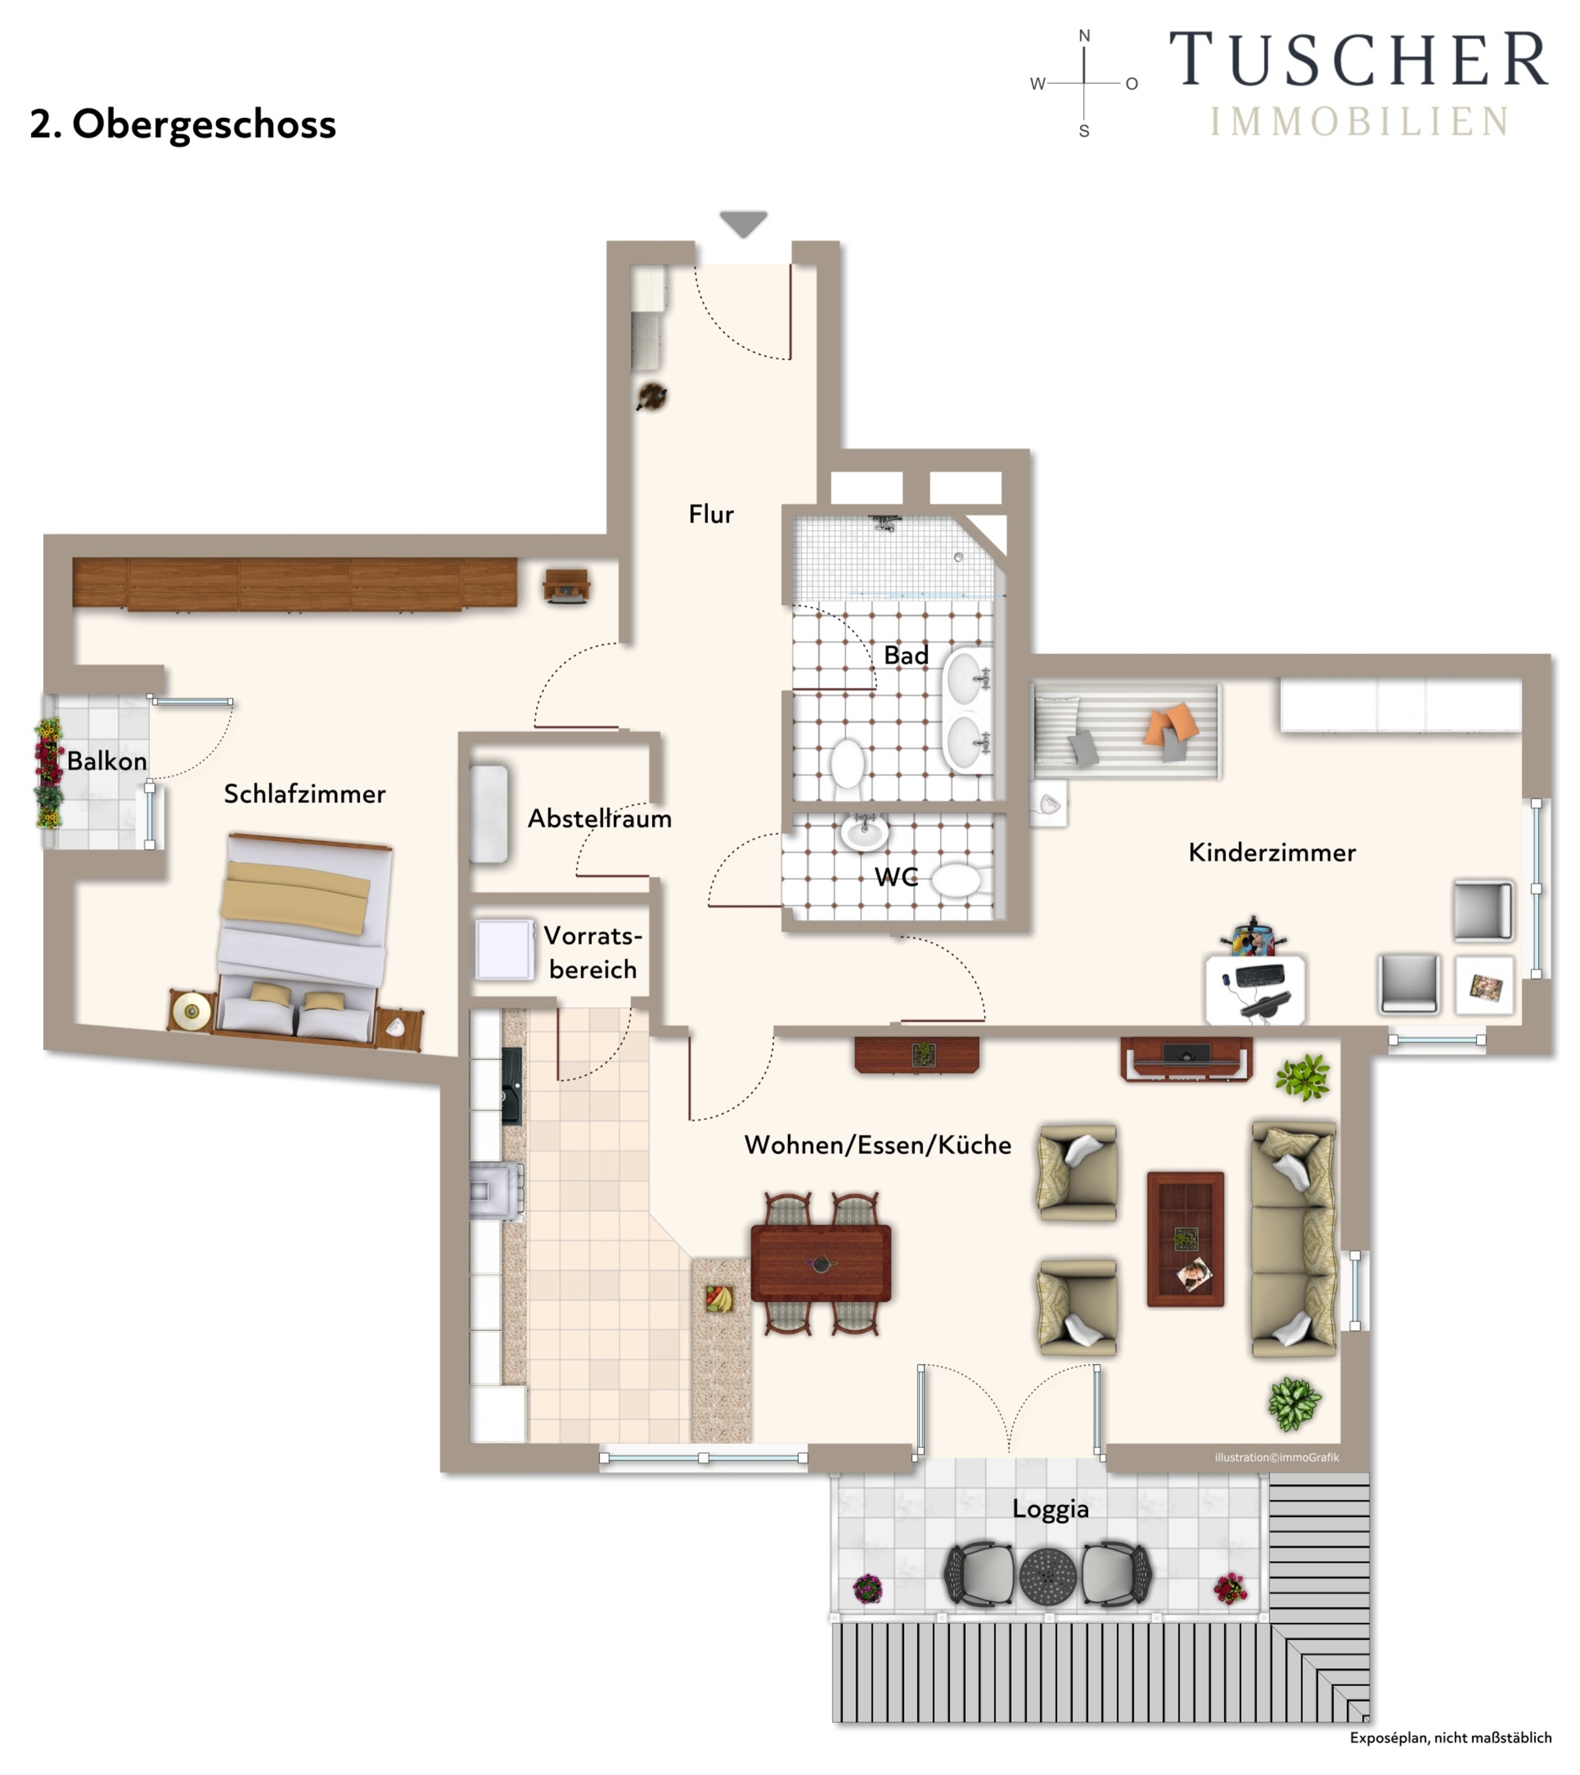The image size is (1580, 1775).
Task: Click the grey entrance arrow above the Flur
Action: tap(743, 223)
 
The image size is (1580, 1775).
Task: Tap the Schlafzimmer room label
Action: tap(305, 794)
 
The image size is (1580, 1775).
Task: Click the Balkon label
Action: tap(107, 761)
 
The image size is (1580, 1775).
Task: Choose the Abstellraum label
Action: tap(600, 818)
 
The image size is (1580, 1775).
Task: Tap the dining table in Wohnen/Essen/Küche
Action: tap(821, 1263)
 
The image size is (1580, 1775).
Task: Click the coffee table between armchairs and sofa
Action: tap(1186, 1239)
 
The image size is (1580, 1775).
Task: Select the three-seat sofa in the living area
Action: tap(1293, 1239)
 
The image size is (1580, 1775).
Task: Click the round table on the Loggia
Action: tap(1047, 1576)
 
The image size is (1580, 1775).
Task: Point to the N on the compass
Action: tap(1084, 36)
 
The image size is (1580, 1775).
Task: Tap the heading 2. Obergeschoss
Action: tap(182, 124)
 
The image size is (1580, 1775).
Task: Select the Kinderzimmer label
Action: tap(1272, 852)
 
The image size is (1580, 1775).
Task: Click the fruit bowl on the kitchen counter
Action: tap(719, 1298)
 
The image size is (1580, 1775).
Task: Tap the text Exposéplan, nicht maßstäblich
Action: tap(1451, 1737)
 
